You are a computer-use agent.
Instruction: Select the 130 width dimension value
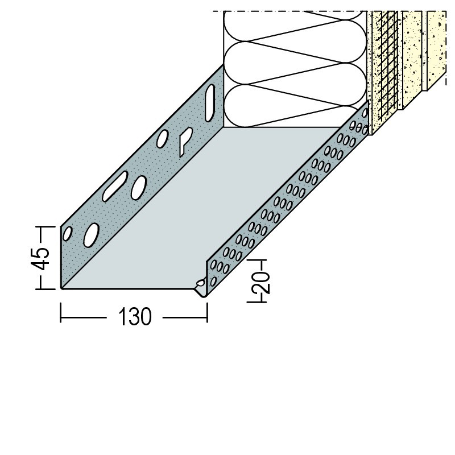[135, 317]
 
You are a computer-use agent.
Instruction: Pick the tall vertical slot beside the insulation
[209, 103]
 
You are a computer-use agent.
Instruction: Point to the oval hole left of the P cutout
[162, 138]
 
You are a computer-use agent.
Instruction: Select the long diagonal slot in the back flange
[115, 186]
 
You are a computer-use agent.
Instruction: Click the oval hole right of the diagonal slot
[138, 188]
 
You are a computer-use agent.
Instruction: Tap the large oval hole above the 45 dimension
[91, 235]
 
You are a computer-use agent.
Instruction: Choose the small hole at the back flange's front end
[67, 233]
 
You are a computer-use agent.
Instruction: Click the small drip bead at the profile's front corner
[200, 283]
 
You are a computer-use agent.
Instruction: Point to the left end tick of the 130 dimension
[61, 312]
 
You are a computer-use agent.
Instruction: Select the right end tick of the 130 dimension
[207, 312]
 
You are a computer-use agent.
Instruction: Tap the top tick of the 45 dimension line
[45, 226]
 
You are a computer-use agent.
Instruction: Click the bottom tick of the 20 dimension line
[257, 303]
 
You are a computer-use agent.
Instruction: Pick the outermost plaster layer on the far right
[436, 50]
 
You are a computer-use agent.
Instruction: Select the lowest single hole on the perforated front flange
[213, 281]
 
